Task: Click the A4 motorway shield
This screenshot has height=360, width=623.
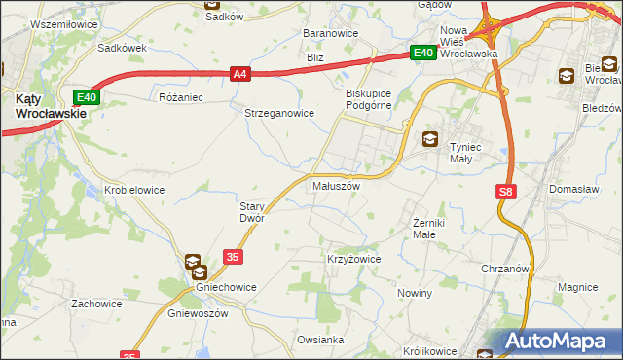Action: tap(241, 72)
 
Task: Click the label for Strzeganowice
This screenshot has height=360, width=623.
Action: tap(278, 113)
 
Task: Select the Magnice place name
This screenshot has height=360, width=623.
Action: tap(577, 287)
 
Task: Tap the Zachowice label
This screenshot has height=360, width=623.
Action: tap(96, 304)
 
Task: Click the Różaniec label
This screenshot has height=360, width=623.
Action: tap(179, 98)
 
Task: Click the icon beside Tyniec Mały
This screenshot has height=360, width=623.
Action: tap(429, 140)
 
